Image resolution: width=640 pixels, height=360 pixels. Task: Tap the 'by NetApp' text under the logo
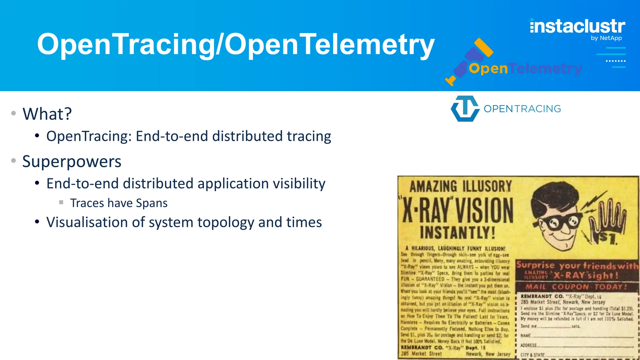606,38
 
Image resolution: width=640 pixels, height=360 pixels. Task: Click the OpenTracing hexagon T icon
465,108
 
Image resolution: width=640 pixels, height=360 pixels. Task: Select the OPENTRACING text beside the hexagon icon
522,109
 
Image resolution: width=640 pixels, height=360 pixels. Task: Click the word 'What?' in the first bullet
47,114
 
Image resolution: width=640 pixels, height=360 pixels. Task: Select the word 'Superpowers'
72,162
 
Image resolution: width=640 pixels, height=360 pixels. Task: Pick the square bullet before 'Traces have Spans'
61,202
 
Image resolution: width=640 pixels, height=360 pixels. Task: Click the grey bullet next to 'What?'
13,113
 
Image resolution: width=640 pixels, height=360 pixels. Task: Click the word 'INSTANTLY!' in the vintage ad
457,232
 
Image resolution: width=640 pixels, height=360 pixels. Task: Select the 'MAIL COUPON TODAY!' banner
576,287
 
